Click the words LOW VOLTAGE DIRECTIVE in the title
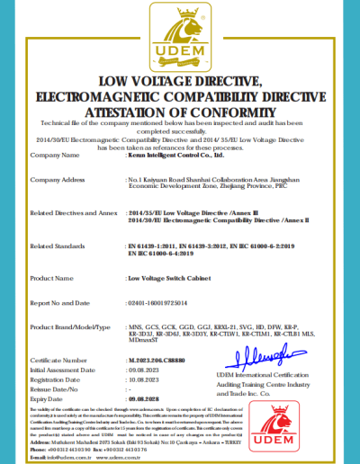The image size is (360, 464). point(180,82)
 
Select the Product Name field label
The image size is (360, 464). point(50,278)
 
